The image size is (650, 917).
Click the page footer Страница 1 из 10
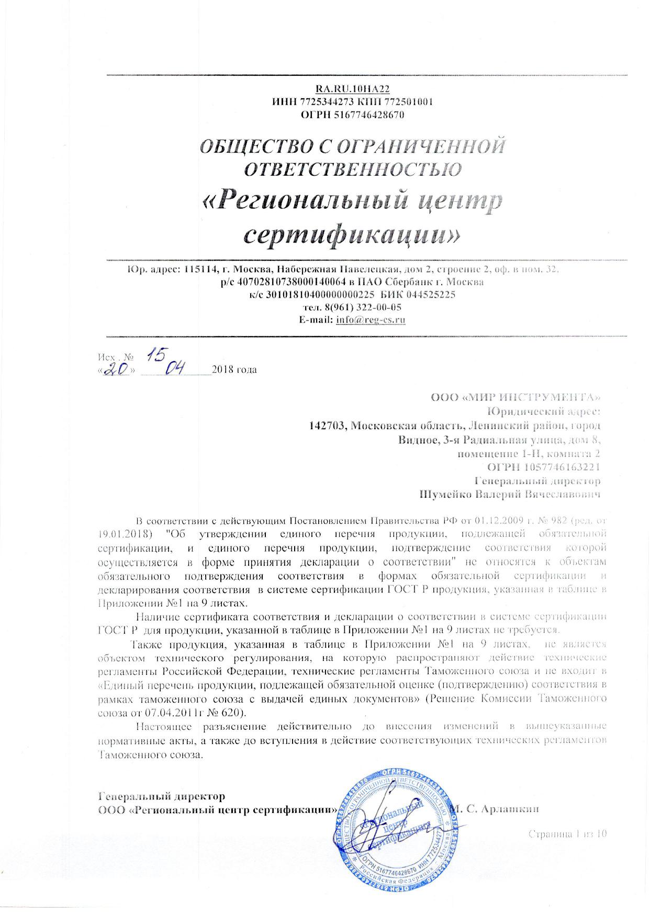567,833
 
